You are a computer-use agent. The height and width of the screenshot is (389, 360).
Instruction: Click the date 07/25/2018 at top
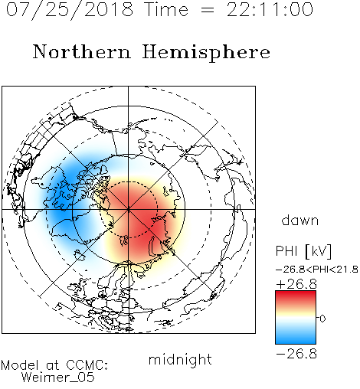70,10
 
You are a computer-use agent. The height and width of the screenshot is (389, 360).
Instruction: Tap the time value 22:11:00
270,10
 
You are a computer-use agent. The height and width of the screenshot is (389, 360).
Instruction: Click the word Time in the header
166,10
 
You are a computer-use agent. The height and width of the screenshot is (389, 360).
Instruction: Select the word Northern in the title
82,51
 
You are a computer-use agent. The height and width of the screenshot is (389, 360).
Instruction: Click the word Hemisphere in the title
206,53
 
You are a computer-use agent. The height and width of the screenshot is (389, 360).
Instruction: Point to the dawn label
300,220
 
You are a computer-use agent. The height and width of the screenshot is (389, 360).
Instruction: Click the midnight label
180,359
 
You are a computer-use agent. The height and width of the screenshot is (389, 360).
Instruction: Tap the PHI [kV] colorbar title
304,251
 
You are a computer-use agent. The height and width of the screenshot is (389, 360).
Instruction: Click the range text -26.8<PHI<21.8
317,270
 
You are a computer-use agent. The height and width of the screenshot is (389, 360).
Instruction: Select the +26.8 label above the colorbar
296,284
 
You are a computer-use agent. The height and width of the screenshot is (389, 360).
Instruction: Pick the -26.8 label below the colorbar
296,354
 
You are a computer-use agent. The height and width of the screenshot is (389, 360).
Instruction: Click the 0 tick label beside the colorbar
322,319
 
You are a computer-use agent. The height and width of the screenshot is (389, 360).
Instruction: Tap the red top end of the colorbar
296,293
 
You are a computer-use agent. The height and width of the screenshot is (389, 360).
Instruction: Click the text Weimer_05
58,377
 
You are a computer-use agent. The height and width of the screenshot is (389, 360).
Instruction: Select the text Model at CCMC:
54,365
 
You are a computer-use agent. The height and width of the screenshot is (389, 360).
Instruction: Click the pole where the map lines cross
129,209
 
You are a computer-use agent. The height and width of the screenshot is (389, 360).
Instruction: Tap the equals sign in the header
208,11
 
